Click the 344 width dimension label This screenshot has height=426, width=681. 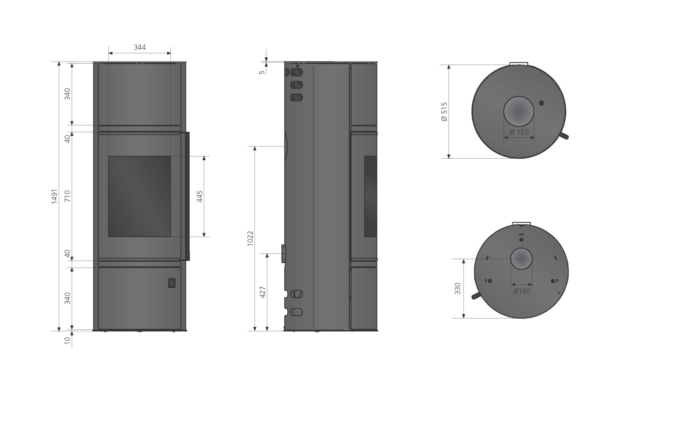click(x=140, y=47)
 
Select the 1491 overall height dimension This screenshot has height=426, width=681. click(x=54, y=196)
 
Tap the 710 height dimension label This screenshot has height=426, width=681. click(x=68, y=196)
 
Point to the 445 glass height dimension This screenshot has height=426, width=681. click(x=200, y=196)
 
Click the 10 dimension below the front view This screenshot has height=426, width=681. click(x=67, y=341)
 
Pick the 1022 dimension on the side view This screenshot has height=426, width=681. click(x=250, y=238)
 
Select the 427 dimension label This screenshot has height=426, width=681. click(x=263, y=292)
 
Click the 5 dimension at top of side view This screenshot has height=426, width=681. click(x=262, y=72)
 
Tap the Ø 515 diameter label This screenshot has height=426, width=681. click(x=444, y=112)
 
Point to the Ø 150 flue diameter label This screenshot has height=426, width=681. click(x=519, y=132)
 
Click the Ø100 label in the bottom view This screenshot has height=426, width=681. click(x=522, y=291)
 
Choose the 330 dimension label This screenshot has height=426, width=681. click(x=458, y=289)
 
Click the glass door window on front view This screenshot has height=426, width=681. click(x=140, y=196)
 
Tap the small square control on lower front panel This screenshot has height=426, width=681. click(x=172, y=283)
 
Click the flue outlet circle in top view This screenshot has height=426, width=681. click(x=518, y=111)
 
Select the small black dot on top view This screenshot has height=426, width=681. click(x=541, y=103)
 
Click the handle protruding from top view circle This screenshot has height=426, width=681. click(x=564, y=136)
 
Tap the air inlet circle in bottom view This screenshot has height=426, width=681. click(x=521, y=259)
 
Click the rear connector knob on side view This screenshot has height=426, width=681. click(x=284, y=253)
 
